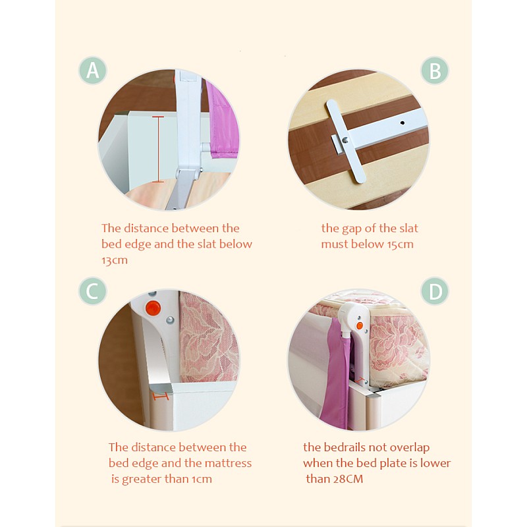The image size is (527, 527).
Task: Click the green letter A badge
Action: pyautogui.click(x=93, y=70)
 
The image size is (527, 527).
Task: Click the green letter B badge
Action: pyautogui.click(x=435, y=70)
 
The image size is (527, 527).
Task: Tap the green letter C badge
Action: pyautogui.click(x=93, y=291)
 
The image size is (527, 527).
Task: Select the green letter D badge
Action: pyautogui.click(x=435, y=291)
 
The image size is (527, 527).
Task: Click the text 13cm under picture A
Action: pyautogui.click(x=115, y=260)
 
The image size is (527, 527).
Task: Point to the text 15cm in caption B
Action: pyautogui.click(x=401, y=244)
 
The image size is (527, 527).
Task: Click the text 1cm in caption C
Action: pyautogui.click(x=202, y=479)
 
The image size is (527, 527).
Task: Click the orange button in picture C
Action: pyautogui.click(x=153, y=308)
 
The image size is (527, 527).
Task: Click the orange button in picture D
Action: pyautogui.click(x=360, y=325)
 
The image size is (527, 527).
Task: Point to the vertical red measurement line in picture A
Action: pyautogui.click(x=158, y=150)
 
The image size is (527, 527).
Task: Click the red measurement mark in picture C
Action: pyautogui.click(x=161, y=397)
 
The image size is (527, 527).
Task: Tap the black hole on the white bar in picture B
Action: pyautogui.click(x=402, y=123)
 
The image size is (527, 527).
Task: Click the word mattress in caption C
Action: pyautogui.click(x=228, y=463)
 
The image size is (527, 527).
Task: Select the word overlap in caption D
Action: pyautogui.click(x=410, y=448)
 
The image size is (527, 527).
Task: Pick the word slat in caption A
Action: pyautogui.click(x=207, y=244)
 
